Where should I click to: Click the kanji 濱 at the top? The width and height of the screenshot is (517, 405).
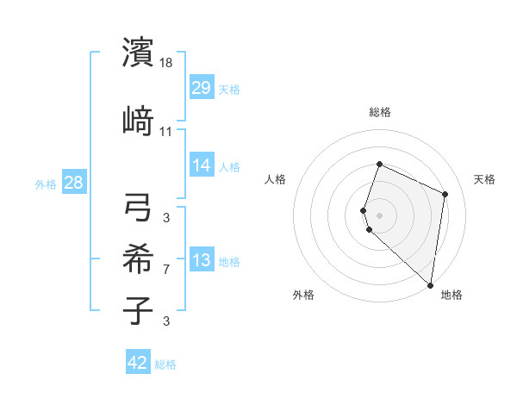pyautogui.click(x=139, y=53)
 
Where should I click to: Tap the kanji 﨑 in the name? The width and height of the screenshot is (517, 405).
pyautogui.click(x=139, y=121)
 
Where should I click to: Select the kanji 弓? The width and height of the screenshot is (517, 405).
pyautogui.click(x=139, y=208)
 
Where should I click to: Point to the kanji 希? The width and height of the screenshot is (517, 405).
pyautogui.click(x=139, y=259)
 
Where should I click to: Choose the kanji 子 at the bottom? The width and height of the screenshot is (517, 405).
pyautogui.click(x=139, y=310)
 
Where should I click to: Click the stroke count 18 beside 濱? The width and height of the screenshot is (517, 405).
pyautogui.click(x=166, y=63)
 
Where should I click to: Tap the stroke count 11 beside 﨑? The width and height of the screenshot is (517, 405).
pyautogui.click(x=166, y=132)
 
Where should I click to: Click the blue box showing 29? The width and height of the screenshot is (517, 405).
pyautogui.click(x=202, y=87)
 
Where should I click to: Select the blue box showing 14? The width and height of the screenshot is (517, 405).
pyautogui.click(x=202, y=165)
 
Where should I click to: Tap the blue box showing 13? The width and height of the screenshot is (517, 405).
pyautogui.click(x=202, y=259)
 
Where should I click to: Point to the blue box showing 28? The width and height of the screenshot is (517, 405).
pyautogui.click(x=73, y=182)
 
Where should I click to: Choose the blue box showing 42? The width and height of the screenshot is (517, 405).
pyautogui.click(x=138, y=363)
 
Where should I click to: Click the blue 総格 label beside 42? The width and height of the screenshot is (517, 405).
pyautogui.click(x=165, y=364)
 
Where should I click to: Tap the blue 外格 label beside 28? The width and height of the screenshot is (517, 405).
pyautogui.click(x=46, y=184)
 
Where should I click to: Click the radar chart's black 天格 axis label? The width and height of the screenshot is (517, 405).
pyautogui.click(x=484, y=179)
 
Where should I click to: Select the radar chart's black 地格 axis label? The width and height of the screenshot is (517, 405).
pyautogui.click(x=452, y=295)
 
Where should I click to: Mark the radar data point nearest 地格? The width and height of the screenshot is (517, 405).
pyautogui.click(x=431, y=285)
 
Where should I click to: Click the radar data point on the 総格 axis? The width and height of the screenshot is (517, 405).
pyautogui.click(x=379, y=165)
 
